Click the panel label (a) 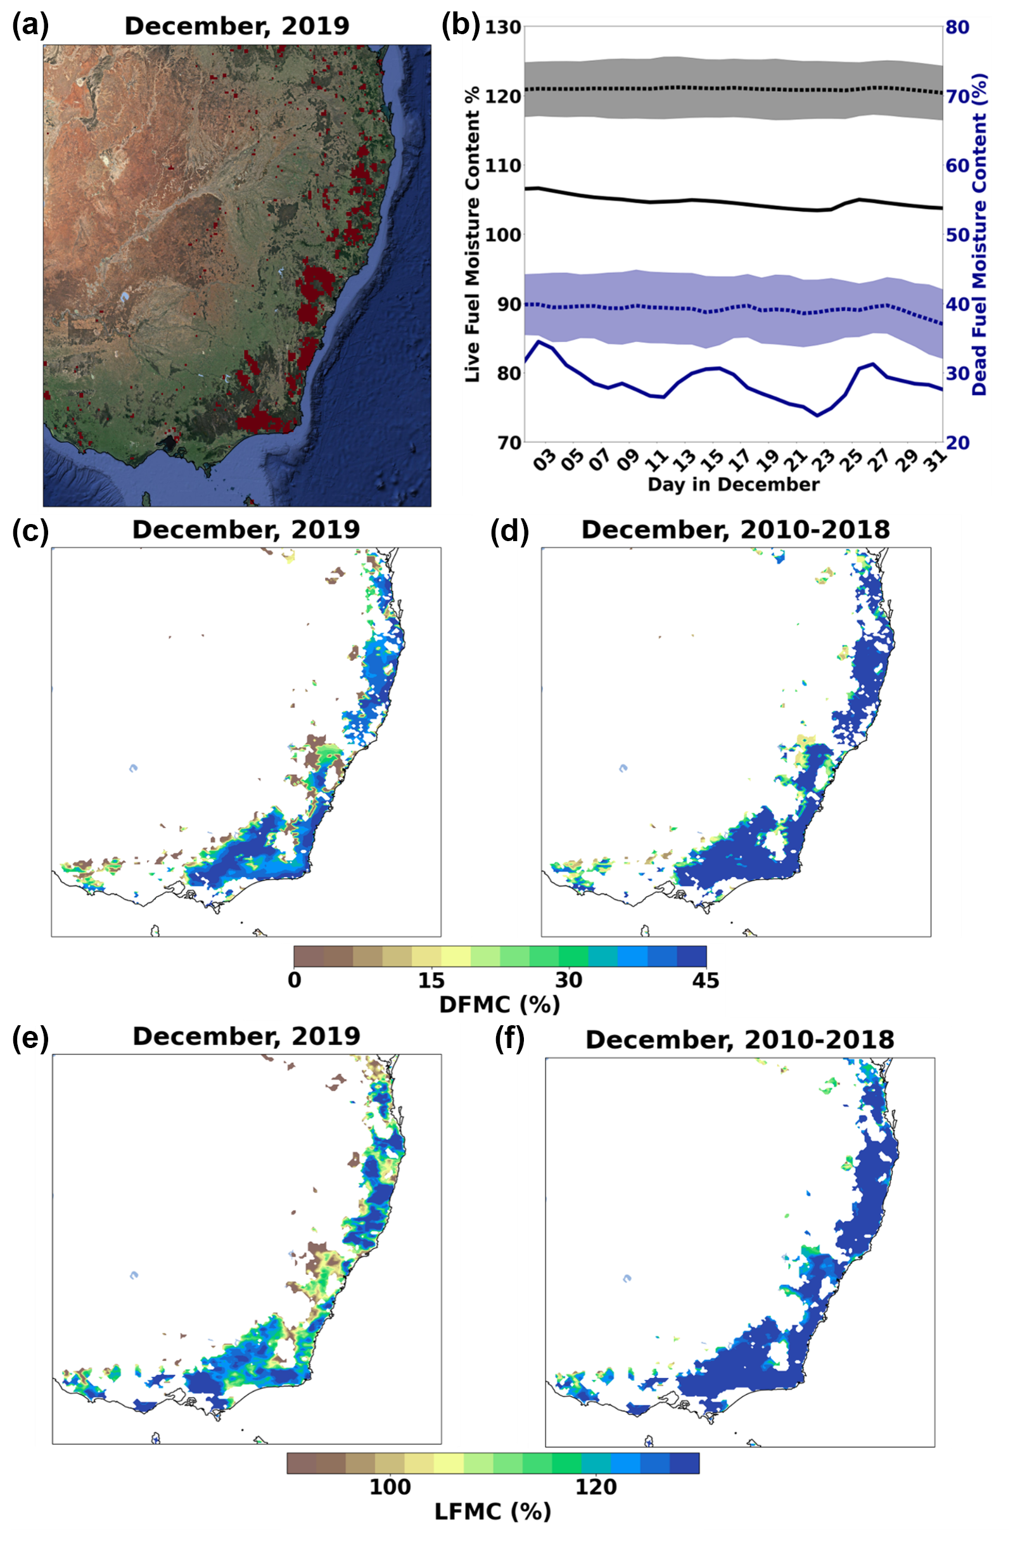tap(30, 25)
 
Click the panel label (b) tap(460, 25)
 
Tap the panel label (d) tap(509, 530)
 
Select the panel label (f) tap(509, 1039)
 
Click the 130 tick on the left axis tap(503, 27)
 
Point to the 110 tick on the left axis tap(503, 165)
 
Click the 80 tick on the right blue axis tap(957, 27)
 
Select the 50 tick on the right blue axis tap(957, 234)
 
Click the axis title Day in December tap(733, 485)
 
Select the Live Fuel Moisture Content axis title tap(473, 234)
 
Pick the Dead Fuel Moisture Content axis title tap(979, 234)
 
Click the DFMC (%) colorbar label tap(499, 1004)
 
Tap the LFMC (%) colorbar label tap(492, 1511)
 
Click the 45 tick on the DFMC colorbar tap(706, 980)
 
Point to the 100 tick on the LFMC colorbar tap(390, 1487)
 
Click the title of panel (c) tap(246, 530)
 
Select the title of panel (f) tap(739, 1039)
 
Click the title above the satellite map tap(237, 26)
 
